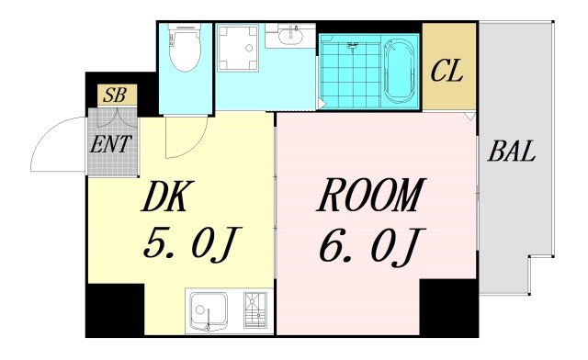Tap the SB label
pos(117,95)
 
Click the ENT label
pos(111,143)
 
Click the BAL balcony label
pos(513,152)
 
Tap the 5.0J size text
pos(191,244)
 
